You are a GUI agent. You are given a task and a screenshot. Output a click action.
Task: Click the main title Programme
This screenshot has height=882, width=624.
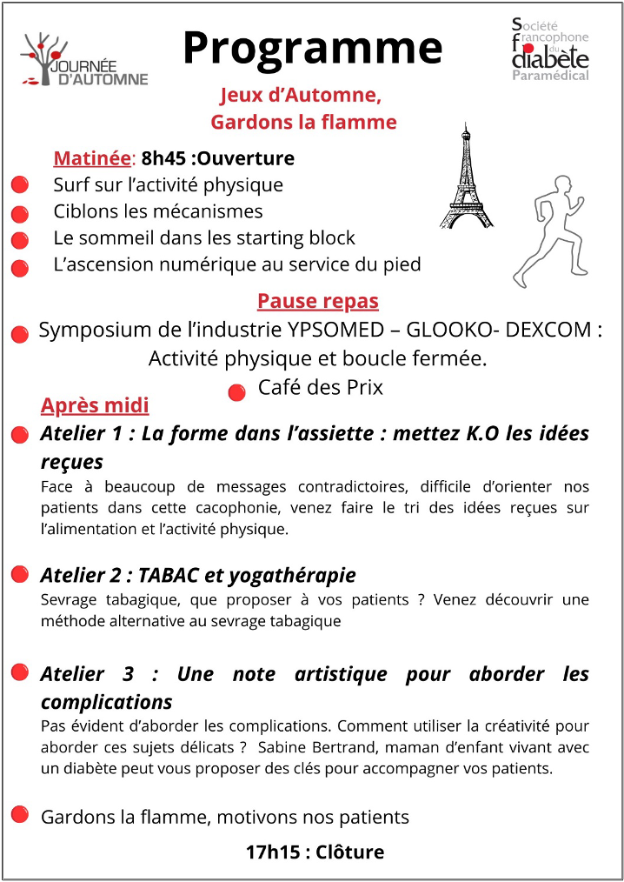click(x=312, y=48)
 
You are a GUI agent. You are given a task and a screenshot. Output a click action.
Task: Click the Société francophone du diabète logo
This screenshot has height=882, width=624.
click(x=550, y=49)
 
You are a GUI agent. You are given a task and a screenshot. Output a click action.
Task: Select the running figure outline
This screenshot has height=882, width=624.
click(x=547, y=230)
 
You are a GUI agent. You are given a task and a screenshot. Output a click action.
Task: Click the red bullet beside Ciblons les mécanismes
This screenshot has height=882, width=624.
click(x=20, y=213)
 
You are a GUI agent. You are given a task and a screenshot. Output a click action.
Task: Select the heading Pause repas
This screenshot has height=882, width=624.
click(x=317, y=301)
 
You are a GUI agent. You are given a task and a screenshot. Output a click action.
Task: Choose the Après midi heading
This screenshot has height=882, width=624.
click(x=95, y=405)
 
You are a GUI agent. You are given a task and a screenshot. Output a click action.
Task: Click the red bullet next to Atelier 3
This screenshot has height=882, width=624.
click(x=19, y=672)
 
